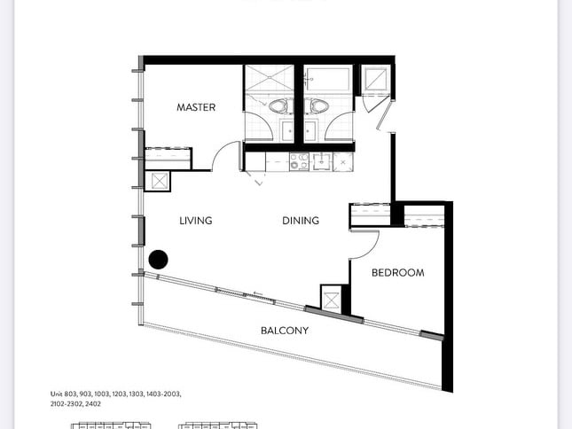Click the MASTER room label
pyautogui.click(x=196, y=107)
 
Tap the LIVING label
pyautogui.click(x=196, y=221)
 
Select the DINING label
pyautogui.click(x=301, y=221)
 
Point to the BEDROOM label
pyautogui.click(x=397, y=273)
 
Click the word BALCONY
pyautogui.click(x=285, y=331)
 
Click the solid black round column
pyautogui.click(x=159, y=260)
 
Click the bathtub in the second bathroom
pyautogui.click(x=328, y=79)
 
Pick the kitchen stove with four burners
pyautogui.click(x=299, y=161)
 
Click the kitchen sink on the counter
pyautogui.click(x=322, y=161)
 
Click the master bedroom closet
pyautogui.click(x=168, y=159)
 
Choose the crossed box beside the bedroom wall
pyautogui.click(x=332, y=300)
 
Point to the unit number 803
pyautogui.click(x=70, y=394)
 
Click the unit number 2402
pyautogui.click(x=94, y=404)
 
